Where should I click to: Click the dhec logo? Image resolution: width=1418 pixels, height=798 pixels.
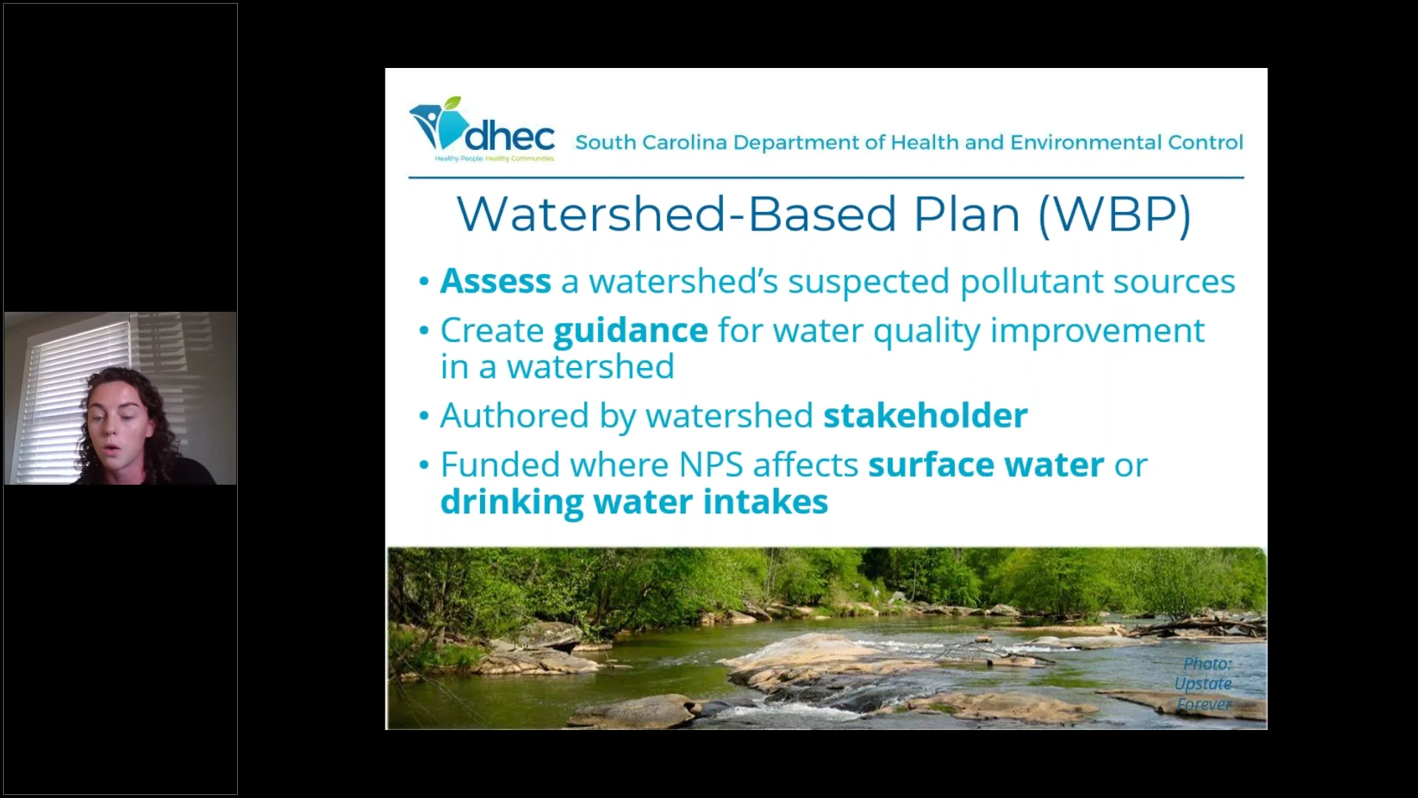[482, 131]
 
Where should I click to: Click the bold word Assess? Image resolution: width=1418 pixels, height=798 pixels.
[496, 282]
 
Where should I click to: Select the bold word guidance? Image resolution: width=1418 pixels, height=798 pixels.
[631, 330]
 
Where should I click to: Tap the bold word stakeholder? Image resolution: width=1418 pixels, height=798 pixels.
[925, 416]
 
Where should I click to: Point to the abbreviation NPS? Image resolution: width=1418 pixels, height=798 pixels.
[710, 465]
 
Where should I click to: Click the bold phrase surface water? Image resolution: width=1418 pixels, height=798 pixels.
[986, 465]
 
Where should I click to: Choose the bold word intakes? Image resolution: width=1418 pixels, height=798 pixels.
[765, 502]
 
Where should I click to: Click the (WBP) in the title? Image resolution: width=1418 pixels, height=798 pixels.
[1114, 215]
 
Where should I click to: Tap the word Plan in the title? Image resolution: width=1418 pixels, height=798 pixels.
[967, 215]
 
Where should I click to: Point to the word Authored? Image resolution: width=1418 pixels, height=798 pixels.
[515, 416]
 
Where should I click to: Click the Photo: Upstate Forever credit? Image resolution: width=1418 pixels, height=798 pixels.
[1204, 684]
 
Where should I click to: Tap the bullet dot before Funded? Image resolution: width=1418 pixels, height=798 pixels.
[424, 465]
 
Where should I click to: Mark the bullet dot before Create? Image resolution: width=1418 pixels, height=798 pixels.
[424, 330]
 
